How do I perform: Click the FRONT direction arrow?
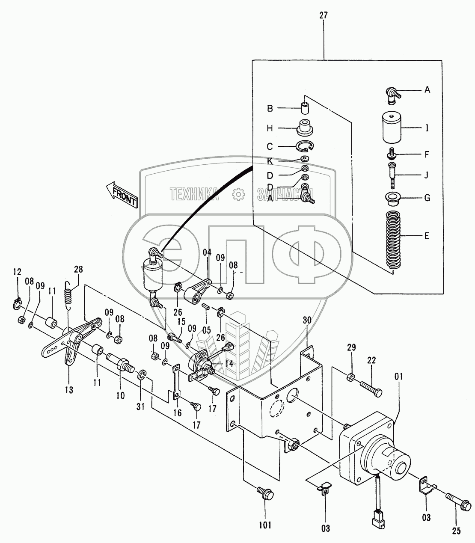click(x=122, y=195)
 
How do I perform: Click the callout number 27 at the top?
click(x=323, y=15)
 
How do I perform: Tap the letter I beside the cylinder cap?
click(x=427, y=128)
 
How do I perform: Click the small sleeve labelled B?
click(x=305, y=108)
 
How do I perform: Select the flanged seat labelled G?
click(x=391, y=199)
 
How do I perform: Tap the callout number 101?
click(x=265, y=526)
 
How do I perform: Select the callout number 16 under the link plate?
click(x=178, y=412)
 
